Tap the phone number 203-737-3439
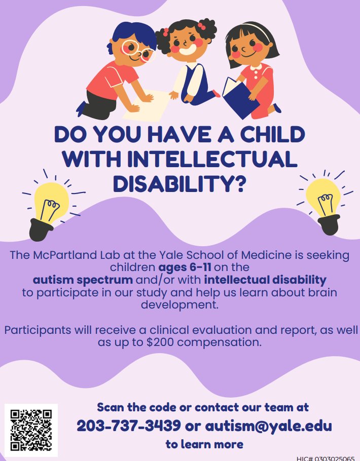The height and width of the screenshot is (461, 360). point(128,426)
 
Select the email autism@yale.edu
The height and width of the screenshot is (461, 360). point(268,426)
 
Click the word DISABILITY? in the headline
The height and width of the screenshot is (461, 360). point(179,183)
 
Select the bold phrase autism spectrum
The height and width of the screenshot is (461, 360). point(83,280)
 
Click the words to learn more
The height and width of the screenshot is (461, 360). point(204,444)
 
